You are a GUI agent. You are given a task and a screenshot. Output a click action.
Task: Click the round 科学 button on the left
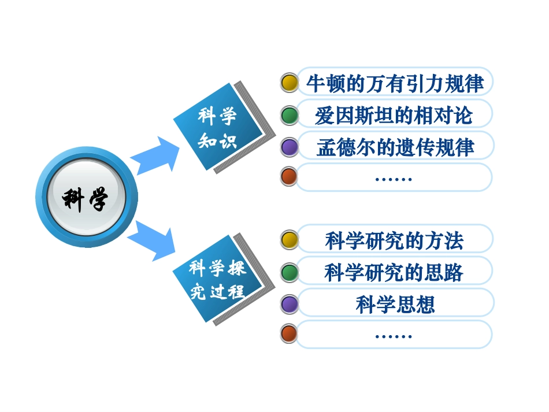coord(86,198)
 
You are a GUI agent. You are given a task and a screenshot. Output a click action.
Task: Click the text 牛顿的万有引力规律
coord(395,83)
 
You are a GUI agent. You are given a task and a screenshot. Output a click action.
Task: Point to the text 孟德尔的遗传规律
coord(395,147)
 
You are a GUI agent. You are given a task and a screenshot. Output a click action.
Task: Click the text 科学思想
coord(395,304)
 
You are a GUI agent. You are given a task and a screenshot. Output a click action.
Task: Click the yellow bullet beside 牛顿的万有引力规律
coord(289,83)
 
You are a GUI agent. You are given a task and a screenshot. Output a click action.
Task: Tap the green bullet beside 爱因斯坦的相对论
coord(289,115)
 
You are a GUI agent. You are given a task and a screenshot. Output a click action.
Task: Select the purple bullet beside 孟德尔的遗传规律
coord(289,147)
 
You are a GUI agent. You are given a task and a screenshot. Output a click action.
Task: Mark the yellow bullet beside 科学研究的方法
coord(289,240)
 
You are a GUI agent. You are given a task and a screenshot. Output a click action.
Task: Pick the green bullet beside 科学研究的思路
coord(289,272)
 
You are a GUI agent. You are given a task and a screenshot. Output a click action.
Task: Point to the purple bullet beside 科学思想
coord(289,303)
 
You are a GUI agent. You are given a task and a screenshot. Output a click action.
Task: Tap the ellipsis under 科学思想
coord(394,336)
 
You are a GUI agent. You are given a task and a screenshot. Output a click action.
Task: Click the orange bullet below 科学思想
coord(289,333)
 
